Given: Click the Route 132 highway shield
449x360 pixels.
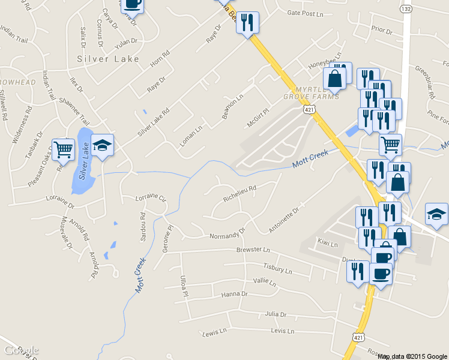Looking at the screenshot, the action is pyautogui.click(x=406, y=10).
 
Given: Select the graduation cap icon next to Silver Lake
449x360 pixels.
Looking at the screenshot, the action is pyautogui.click(x=102, y=145).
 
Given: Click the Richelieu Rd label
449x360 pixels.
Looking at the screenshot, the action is pyautogui.click(x=240, y=191).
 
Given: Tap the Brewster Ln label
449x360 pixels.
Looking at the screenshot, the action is pyautogui.click(x=253, y=249).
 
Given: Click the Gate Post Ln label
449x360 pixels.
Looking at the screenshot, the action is pyautogui.click(x=305, y=13).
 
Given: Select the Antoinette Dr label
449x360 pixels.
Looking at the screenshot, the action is pyautogui.click(x=284, y=220).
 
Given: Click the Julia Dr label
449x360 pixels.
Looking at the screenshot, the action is pyautogui.click(x=276, y=314).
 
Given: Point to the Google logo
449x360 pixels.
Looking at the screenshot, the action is pyautogui.click(x=21, y=350).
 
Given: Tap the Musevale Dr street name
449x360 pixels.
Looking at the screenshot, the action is pyautogui.click(x=66, y=233).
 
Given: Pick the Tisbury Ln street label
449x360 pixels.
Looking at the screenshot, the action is pyautogui.click(x=277, y=268).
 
